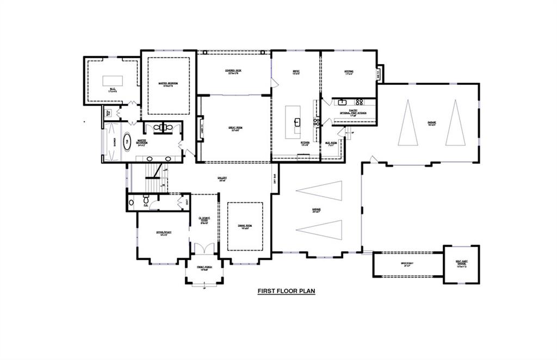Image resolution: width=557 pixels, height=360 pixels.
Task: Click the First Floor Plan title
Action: (x=286, y=291)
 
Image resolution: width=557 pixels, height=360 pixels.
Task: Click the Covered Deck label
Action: (x=233, y=71)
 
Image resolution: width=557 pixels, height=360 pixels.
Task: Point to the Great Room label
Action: (x=235, y=128)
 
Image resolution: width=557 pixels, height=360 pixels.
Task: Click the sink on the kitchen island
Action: (x=297, y=121)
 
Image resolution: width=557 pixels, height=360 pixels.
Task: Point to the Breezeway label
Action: (x=407, y=263)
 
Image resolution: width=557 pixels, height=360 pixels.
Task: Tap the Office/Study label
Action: (x=164, y=233)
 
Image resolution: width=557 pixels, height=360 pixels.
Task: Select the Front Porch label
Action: (x=205, y=268)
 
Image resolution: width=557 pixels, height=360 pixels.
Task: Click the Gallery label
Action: (x=222, y=178)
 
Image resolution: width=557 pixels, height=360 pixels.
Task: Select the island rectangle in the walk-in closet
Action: (x=113, y=81)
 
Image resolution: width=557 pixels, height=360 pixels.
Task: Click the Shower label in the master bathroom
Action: (x=115, y=142)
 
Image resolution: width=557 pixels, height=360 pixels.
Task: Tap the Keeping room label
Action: (x=349, y=71)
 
